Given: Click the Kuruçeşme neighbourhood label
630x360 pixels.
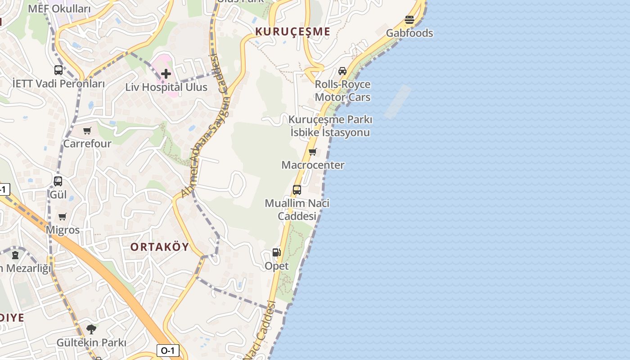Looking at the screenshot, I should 293,32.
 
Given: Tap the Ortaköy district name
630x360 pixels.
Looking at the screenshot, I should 160,247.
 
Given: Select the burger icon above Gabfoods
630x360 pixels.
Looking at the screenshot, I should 409,20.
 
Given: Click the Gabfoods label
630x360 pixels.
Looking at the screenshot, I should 409,33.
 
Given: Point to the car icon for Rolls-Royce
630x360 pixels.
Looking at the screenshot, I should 342,71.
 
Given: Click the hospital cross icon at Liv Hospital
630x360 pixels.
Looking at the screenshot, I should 166,74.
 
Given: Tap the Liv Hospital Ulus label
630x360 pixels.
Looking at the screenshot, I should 166,87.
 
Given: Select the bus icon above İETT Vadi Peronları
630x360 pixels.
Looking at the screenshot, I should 58,70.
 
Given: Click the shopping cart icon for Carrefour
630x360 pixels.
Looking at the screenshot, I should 87,131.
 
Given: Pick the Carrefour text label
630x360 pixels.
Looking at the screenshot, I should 87,144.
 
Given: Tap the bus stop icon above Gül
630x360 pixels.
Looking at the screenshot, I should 58,181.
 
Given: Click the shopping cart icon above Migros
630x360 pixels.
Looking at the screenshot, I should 63,217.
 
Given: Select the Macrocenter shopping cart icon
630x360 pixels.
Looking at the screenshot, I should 313,152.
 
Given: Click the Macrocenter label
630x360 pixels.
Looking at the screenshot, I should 313,165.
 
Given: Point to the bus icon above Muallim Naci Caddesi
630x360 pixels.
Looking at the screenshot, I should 297,190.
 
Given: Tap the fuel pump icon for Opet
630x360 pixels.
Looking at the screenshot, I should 277,253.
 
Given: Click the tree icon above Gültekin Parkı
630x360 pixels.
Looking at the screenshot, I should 91,329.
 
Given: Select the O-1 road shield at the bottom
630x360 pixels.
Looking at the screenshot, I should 167,351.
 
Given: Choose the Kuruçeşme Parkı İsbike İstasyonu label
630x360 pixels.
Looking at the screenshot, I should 330,126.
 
